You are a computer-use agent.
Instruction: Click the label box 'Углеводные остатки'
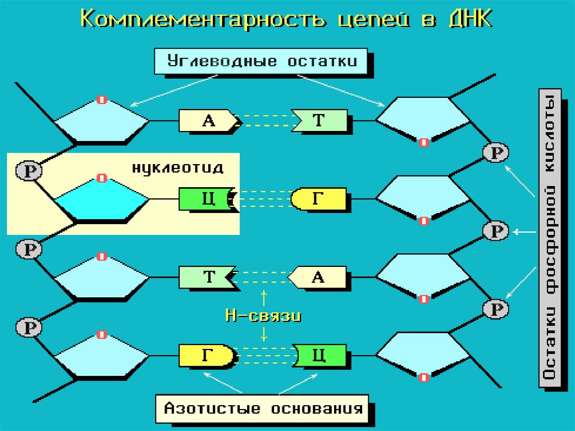pos(262,61)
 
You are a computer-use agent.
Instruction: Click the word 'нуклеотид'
pos(177,167)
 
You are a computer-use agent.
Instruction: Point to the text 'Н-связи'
pos(263,316)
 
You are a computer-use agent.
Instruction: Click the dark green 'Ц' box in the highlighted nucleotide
pos(206,199)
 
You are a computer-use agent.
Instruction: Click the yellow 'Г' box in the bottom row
pos(206,355)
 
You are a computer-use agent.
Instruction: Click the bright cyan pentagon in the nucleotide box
pos(102,199)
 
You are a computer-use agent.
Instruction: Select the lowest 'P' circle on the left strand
pos(27,326)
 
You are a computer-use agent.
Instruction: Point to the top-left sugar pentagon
pos(102,120)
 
